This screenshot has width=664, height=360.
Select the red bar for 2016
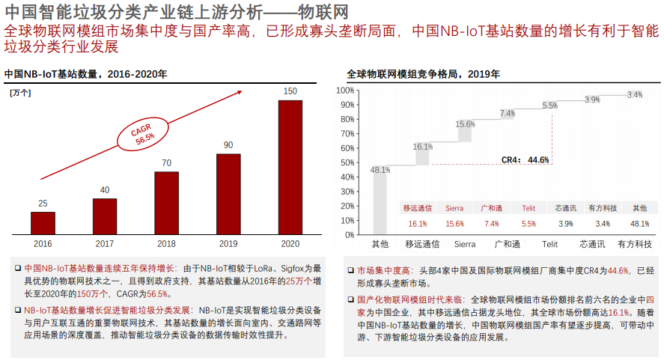(x=43, y=222)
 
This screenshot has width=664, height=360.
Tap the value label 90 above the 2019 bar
(x=228, y=145)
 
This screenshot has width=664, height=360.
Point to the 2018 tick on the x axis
(x=166, y=244)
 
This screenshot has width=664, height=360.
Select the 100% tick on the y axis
(x=345, y=91)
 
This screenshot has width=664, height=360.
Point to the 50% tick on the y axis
(x=347, y=162)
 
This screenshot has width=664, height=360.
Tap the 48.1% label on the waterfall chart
(x=380, y=171)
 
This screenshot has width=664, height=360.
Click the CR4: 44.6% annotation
(x=526, y=159)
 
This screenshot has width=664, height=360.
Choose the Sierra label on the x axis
(x=465, y=244)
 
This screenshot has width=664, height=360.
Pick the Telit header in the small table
(x=529, y=207)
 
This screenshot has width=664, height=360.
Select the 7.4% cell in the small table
(x=491, y=224)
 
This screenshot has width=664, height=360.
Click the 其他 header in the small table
(x=639, y=207)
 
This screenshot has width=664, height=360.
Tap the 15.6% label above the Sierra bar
(x=465, y=124)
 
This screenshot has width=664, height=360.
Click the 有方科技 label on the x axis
(x=634, y=244)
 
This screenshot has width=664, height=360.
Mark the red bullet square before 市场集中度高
(x=351, y=270)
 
